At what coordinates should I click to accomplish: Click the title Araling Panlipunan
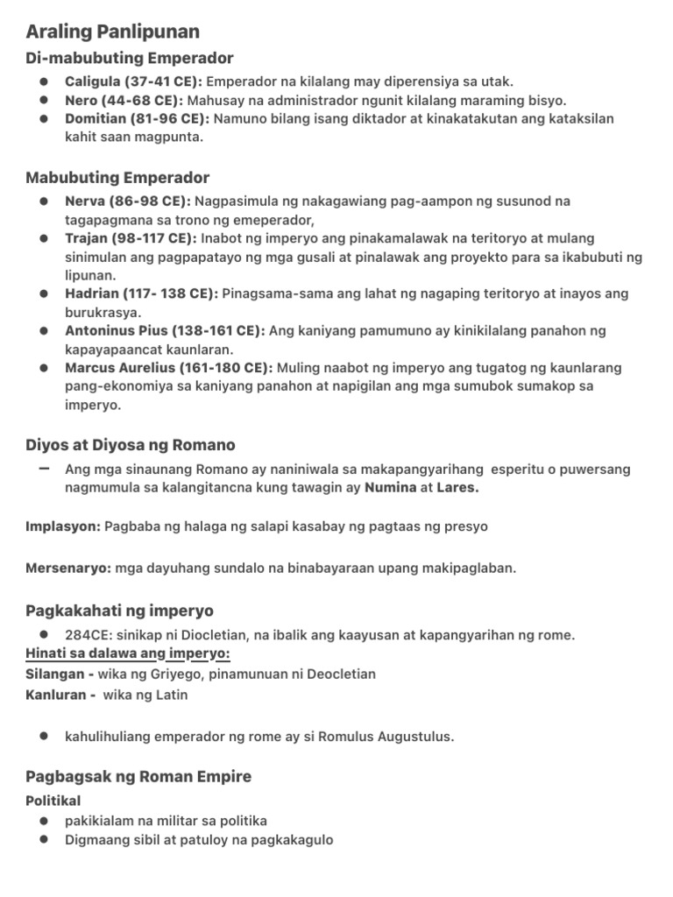pyautogui.click(x=112, y=32)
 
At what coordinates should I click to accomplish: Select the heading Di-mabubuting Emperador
pyautogui.click(x=129, y=59)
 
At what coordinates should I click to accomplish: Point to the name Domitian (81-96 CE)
pyautogui.click(x=137, y=118)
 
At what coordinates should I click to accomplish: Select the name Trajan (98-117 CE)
pyautogui.click(x=131, y=238)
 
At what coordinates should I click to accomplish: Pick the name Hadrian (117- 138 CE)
pyautogui.click(x=142, y=294)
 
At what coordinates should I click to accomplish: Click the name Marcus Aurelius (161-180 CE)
pyautogui.click(x=168, y=368)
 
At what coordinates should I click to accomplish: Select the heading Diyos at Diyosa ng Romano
pyautogui.click(x=131, y=445)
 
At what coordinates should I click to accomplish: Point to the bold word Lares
pyautogui.click(x=457, y=488)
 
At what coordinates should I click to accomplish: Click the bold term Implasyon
pyautogui.click(x=63, y=526)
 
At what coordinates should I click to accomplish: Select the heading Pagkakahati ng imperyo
pyautogui.click(x=119, y=611)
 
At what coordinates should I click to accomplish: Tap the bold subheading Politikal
pyautogui.click(x=53, y=801)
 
